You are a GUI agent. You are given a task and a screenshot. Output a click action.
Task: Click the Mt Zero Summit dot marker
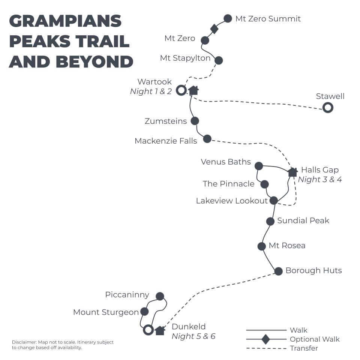(228, 18)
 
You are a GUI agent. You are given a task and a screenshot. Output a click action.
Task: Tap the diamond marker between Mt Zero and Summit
(214, 29)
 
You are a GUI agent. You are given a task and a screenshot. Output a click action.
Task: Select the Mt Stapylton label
(185, 58)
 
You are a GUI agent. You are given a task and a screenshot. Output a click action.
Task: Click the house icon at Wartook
(193, 90)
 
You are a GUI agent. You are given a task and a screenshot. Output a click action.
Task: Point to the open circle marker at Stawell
(328, 108)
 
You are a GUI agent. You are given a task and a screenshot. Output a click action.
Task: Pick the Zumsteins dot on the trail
(195, 121)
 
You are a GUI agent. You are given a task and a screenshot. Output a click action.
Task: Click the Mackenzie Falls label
(165, 141)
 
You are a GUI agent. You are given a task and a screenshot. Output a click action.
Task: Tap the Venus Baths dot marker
(258, 166)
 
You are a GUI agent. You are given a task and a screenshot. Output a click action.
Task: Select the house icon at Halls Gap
(292, 172)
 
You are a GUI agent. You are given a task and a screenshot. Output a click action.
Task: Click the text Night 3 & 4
(320, 179)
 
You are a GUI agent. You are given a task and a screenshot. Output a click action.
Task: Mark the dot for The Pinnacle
(264, 184)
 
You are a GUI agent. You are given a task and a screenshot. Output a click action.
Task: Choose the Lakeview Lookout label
(232, 201)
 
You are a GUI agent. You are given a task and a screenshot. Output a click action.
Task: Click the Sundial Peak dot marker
(270, 221)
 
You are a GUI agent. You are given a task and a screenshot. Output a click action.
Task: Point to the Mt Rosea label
(287, 246)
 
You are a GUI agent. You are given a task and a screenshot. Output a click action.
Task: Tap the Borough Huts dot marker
(278, 271)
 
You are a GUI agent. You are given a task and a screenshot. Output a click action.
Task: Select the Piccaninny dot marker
(160, 296)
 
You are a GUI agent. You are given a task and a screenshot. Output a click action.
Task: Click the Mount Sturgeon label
(106, 312)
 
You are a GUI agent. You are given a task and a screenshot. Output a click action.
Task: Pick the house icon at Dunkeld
(160, 330)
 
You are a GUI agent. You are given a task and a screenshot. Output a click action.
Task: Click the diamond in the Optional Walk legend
(265, 339)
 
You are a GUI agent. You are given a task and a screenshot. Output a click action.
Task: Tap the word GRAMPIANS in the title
(65, 21)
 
